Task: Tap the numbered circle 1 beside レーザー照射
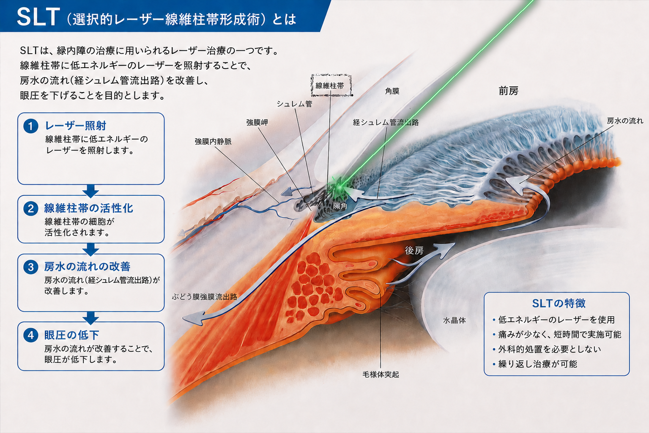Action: click(x=31, y=126)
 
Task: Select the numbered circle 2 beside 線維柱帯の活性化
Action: click(x=31, y=208)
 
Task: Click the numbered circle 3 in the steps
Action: click(x=31, y=267)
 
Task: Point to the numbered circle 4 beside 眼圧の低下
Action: click(x=31, y=335)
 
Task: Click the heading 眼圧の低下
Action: click(x=71, y=335)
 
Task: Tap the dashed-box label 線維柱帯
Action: click(x=330, y=86)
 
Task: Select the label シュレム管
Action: click(x=294, y=104)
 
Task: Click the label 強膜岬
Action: click(x=257, y=122)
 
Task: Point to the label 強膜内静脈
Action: click(x=213, y=141)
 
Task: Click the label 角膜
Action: click(x=392, y=91)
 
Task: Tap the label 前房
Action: click(x=509, y=91)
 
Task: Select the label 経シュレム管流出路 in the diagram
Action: click(x=386, y=122)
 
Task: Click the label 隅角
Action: click(x=340, y=206)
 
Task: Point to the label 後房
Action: click(x=414, y=250)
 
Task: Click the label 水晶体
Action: click(x=454, y=320)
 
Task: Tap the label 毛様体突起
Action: click(x=381, y=375)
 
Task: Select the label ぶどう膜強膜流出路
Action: click(x=205, y=296)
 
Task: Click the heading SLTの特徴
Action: click(x=559, y=303)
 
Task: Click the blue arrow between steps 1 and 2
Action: click(x=90, y=191)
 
